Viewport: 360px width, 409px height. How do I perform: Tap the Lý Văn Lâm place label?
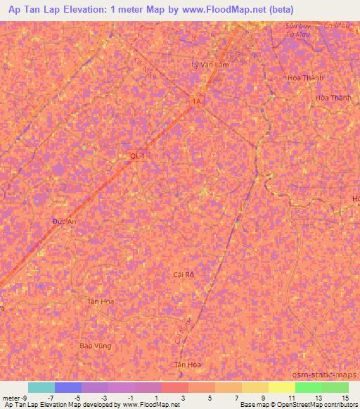[210, 64]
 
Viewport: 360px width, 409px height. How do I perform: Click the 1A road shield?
[197, 102]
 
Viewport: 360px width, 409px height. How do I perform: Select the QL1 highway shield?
[138, 156]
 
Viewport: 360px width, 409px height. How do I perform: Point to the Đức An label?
[63, 221]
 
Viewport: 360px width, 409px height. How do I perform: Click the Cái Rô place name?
[183, 274]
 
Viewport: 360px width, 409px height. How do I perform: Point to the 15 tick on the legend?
[345, 398]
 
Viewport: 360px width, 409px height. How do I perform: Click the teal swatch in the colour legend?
[41, 387]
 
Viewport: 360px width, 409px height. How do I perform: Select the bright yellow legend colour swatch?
[281, 387]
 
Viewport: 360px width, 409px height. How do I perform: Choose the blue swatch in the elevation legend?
[68, 387]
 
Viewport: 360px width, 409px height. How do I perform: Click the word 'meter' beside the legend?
[10, 398]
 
